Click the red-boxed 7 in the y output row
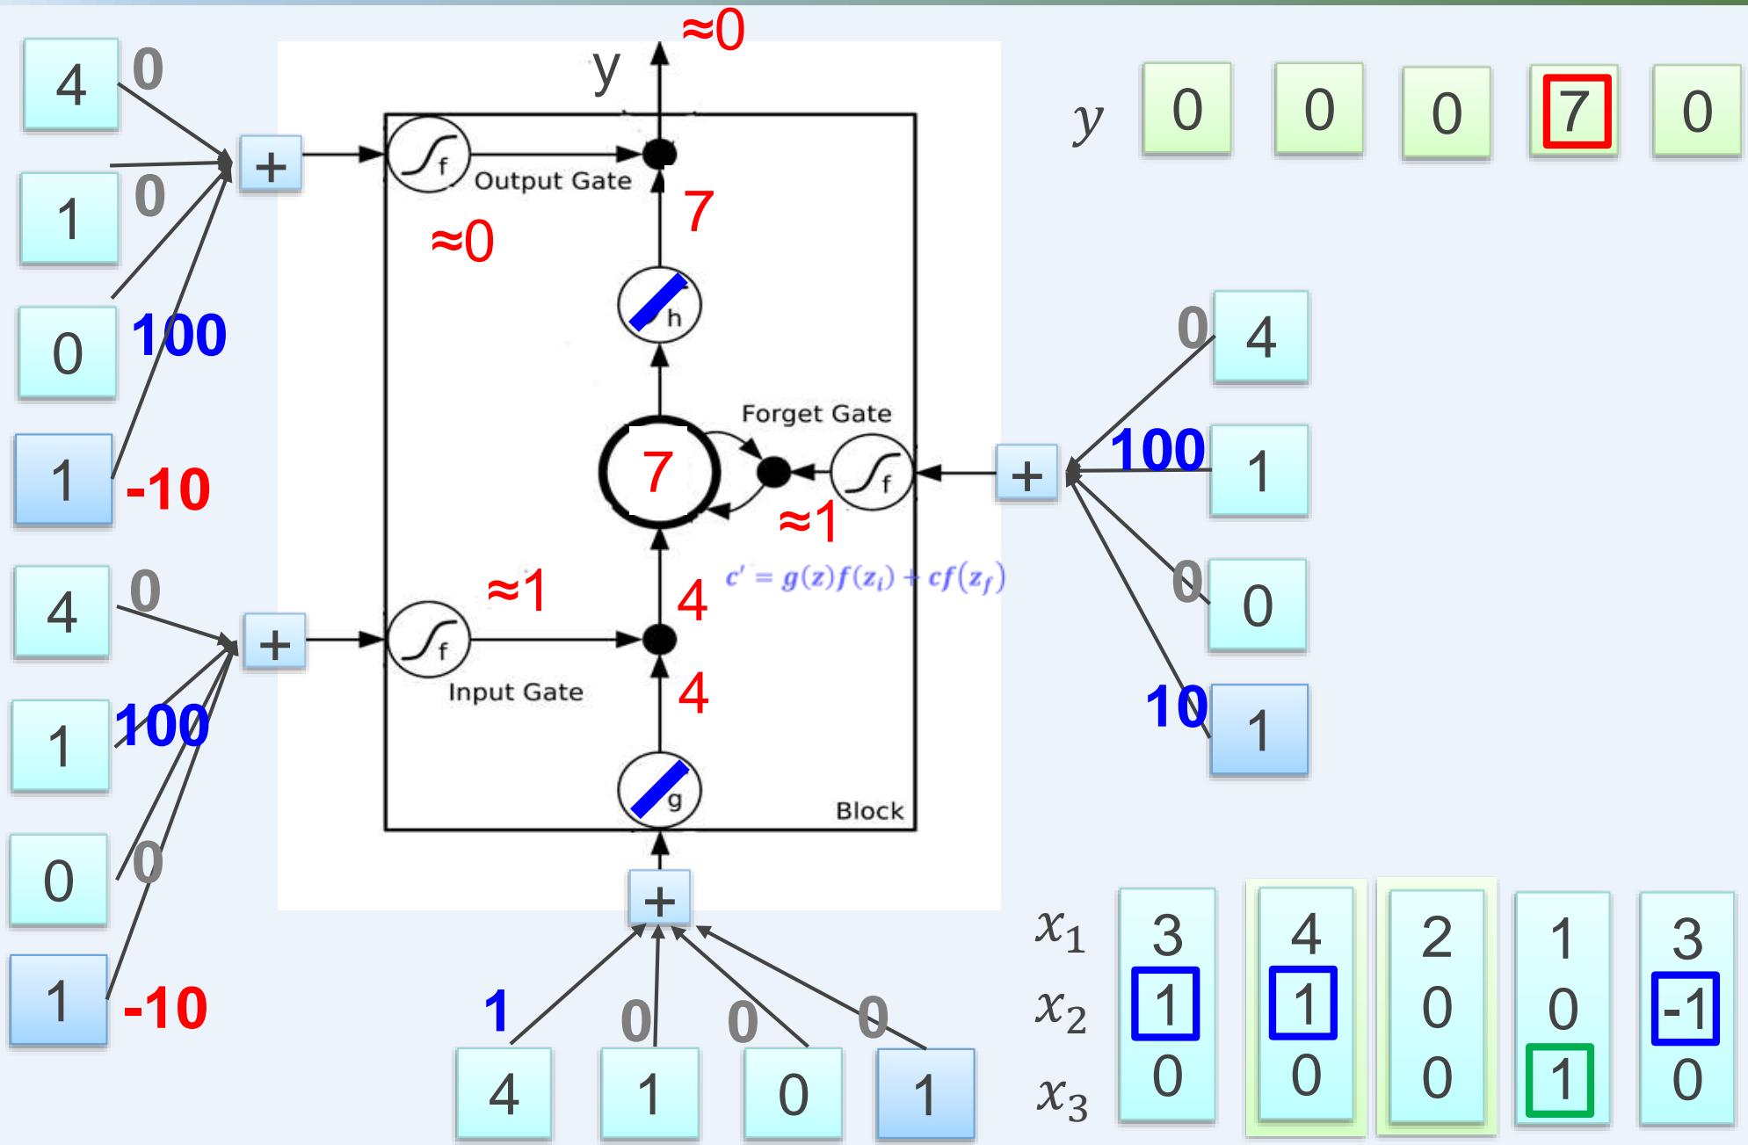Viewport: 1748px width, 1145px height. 1573,112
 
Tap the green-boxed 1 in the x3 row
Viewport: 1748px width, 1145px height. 1560,1080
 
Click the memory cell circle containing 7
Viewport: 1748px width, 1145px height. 659,472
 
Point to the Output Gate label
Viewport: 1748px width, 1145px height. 553,181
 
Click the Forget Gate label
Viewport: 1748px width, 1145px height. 816,414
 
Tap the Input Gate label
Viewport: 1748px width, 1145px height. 515,692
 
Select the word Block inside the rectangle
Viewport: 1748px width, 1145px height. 868,810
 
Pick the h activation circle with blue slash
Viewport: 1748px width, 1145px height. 659,305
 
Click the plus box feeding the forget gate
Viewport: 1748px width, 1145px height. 1026,475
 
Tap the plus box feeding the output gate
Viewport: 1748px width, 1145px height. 271,164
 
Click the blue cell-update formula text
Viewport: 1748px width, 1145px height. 865,579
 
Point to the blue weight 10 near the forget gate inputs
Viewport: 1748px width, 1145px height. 1175,707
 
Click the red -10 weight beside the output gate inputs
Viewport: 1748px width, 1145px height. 168,489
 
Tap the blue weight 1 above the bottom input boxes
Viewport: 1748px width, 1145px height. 497,1011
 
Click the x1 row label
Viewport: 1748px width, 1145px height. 1059,934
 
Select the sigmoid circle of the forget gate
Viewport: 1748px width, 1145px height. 872,474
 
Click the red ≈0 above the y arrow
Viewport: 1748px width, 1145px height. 713,32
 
